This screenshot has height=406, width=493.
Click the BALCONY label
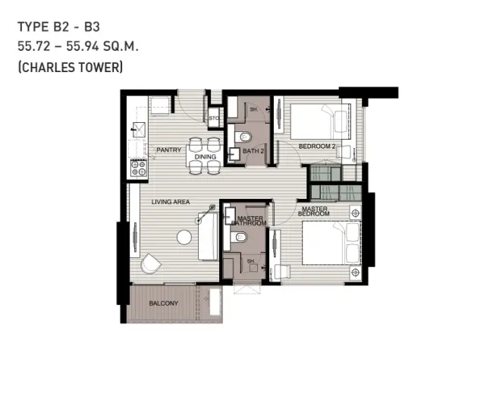click(164, 304)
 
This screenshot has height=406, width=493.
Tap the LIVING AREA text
click(171, 202)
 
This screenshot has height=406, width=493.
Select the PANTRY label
click(169, 150)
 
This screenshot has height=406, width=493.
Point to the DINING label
click(206, 156)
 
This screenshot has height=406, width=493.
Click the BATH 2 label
click(253, 151)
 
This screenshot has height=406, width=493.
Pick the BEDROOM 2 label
click(317, 146)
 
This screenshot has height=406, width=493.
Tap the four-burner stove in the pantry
click(138, 168)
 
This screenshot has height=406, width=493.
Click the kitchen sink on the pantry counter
click(139, 129)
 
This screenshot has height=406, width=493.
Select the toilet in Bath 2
click(243, 137)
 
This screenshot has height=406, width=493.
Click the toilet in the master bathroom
click(238, 237)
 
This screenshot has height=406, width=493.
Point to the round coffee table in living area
click(184, 237)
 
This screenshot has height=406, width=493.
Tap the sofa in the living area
click(208, 236)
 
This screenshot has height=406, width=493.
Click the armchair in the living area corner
click(151, 264)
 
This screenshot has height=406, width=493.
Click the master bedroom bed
click(331, 243)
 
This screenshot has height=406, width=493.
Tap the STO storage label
click(214, 118)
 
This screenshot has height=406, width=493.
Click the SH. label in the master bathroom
click(250, 261)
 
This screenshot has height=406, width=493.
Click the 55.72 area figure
click(34, 46)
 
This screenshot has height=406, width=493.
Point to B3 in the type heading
click(92, 27)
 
